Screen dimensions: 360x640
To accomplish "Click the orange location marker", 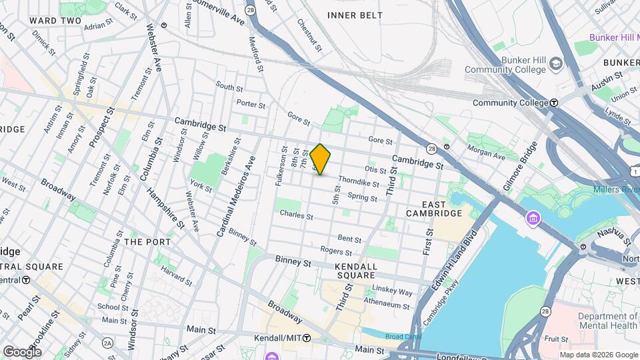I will point(321,159).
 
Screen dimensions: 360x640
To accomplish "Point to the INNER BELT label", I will point(355,15).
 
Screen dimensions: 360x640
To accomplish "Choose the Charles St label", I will point(296,215).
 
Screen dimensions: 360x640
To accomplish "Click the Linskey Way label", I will point(394,291).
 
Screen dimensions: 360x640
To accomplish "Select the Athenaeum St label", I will point(390,305).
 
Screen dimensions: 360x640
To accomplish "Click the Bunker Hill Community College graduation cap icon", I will point(555,65).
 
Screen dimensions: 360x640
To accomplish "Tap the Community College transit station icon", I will point(554,103).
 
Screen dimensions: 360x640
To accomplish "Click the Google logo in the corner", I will point(22,351).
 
